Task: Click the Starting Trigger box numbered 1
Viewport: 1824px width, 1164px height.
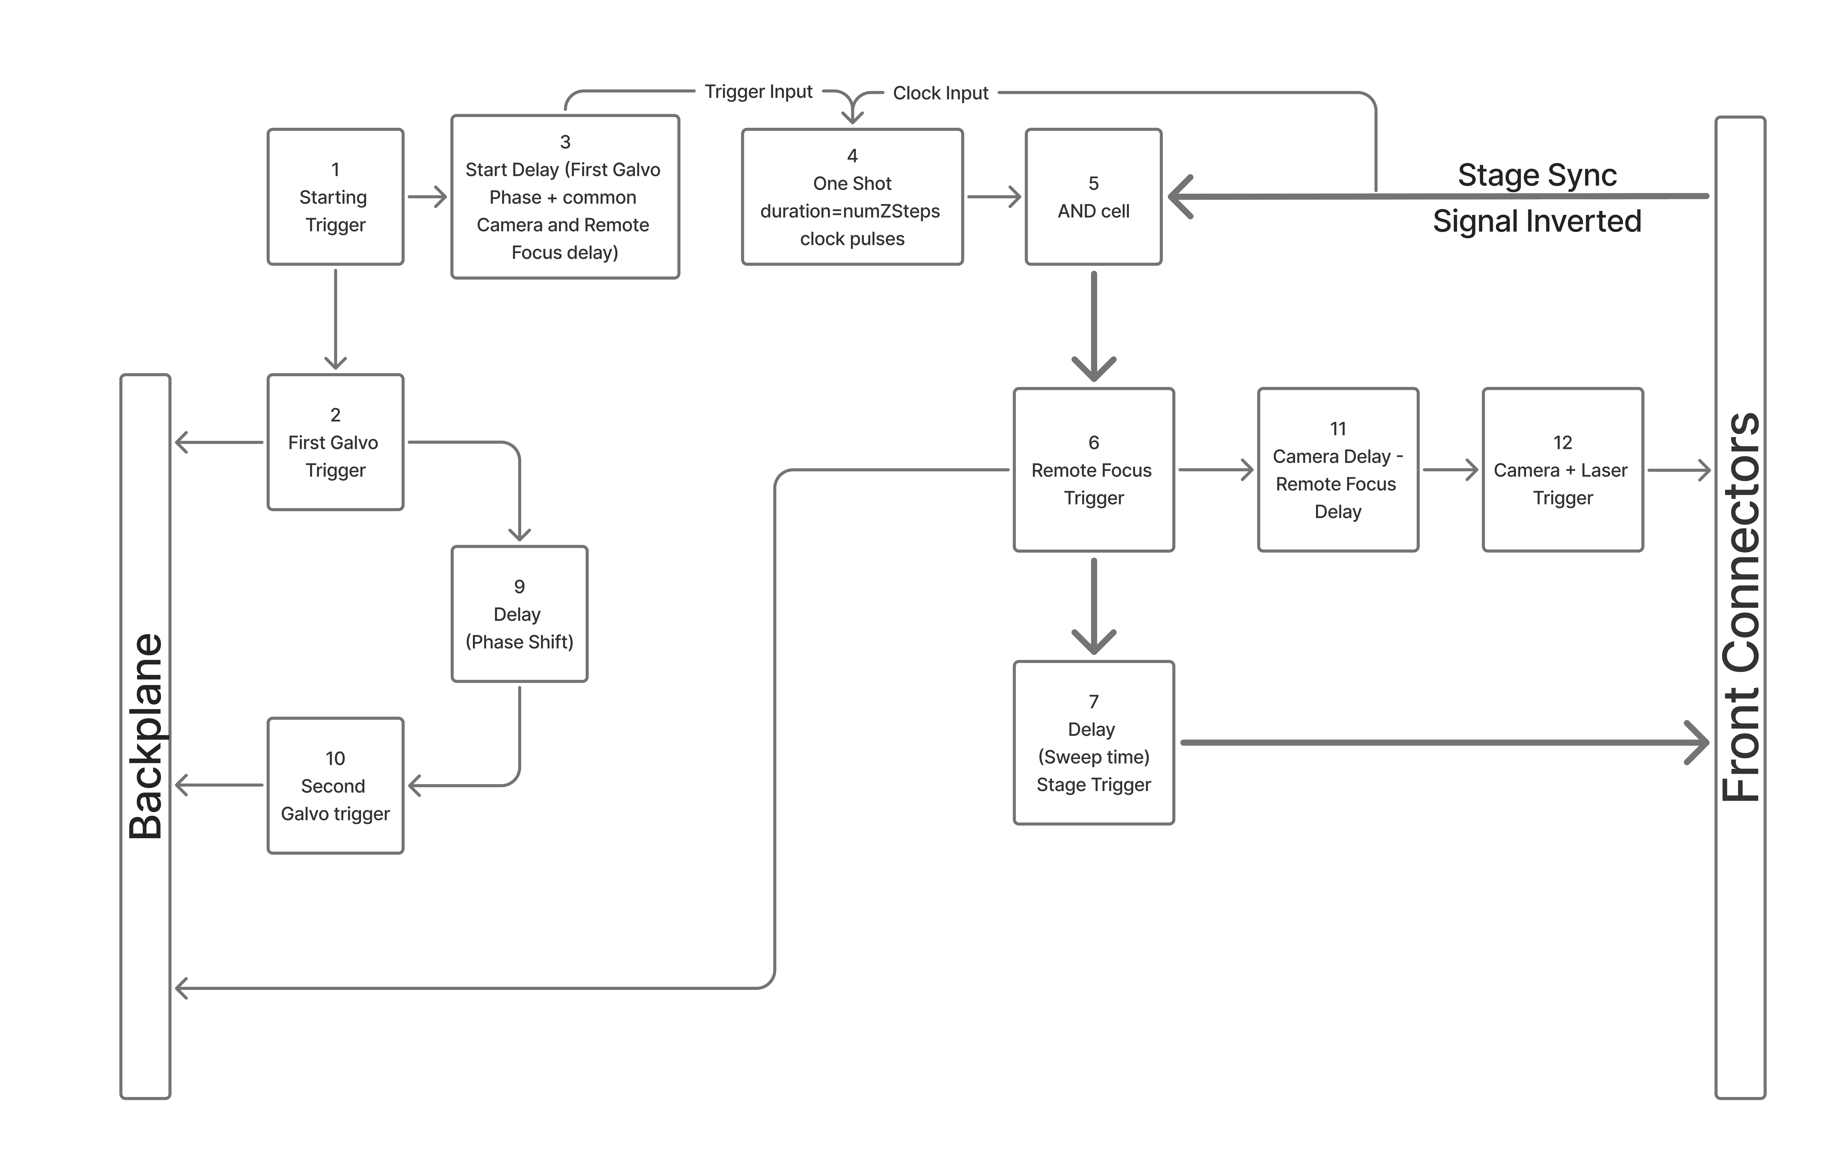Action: click(x=336, y=197)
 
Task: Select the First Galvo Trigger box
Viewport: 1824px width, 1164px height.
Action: click(x=336, y=442)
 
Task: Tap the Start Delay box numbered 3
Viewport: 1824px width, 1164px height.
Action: click(x=565, y=197)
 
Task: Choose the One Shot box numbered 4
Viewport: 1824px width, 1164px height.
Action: click(x=852, y=197)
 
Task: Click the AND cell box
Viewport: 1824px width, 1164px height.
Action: click(x=1093, y=197)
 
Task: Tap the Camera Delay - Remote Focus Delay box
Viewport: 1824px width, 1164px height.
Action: click(x=1338, y=469)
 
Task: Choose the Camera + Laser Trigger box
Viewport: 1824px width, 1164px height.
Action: click(x=1563, y=469)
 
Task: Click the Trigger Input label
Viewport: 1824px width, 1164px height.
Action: click(x=758, y=92)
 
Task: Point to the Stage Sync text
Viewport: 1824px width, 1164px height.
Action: click(x=1537, y=175)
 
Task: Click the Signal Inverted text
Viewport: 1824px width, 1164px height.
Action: click(x=1537, y=221)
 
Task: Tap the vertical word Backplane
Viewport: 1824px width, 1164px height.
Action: click(x=145, y=736)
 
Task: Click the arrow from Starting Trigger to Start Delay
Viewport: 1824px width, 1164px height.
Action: click(x=427, y=197)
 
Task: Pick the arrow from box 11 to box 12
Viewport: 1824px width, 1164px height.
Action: click(x=1450, y=469)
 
